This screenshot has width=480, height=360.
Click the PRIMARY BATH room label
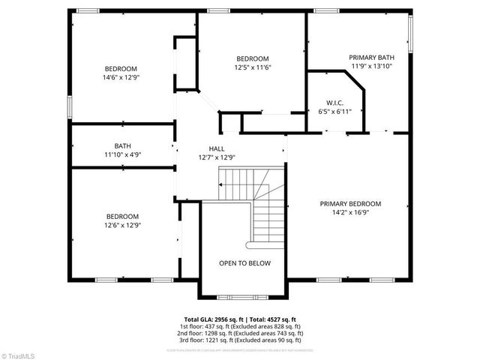click(x=371, y=57)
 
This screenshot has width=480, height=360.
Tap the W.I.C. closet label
click(x=334, y=103)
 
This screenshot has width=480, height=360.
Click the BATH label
click(x=123, y=146)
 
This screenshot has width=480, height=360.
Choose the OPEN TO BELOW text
click(x=244, y=263)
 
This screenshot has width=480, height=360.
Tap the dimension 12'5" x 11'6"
click(x=253, y=67)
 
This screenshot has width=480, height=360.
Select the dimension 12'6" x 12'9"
click(x=121, y=225)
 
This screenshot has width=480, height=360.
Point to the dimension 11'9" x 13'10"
click(x=371, y=66)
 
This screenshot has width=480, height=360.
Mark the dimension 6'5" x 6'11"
click(x=334, y=112)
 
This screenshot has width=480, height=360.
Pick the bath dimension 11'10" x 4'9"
click(x=123, y=155)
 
